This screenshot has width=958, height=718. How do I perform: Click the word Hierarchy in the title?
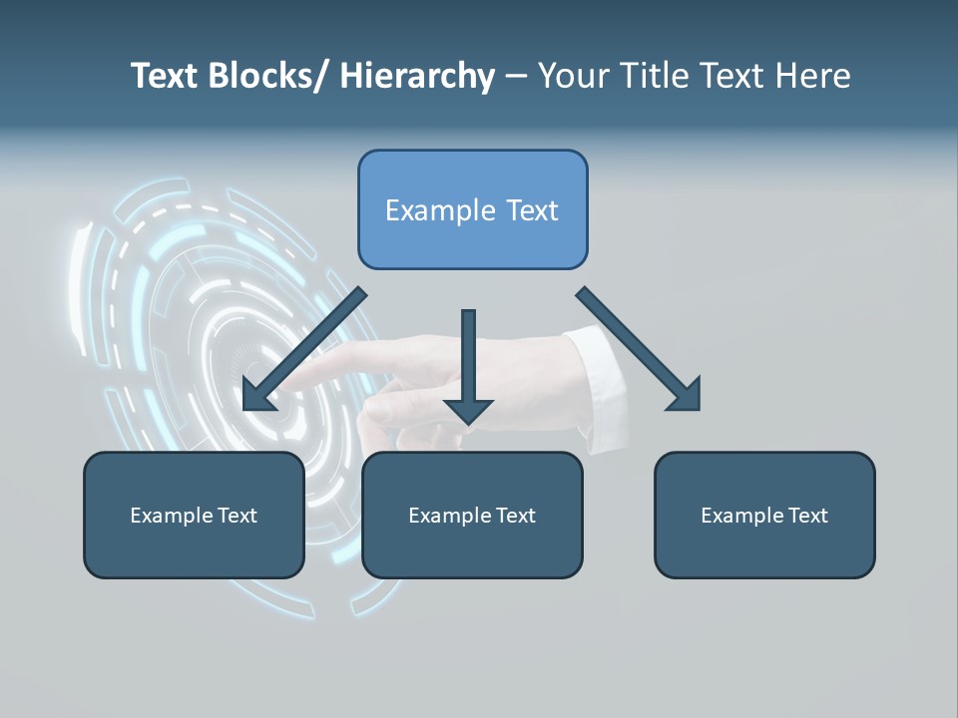[x=417, y=76]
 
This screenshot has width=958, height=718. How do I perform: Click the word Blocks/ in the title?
[x=262, y=76]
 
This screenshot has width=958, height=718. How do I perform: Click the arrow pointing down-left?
[x=304, y=349]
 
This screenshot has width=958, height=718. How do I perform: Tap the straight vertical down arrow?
[x=468, y=359]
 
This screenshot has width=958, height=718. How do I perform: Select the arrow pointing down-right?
[x=634, y=344]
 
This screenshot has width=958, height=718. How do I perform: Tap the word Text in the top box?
[x=531, y=210]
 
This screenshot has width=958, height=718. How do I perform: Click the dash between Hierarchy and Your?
[x=516, y=77]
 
